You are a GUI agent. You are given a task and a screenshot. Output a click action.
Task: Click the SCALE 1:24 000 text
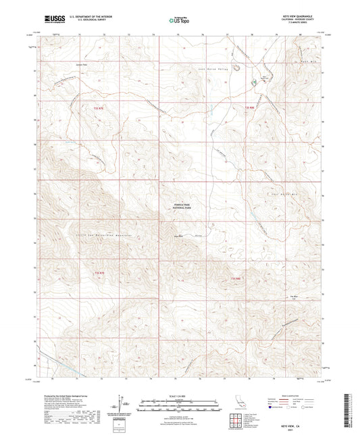[x=179, y=395]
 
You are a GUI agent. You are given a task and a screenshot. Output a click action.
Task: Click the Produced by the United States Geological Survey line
[x=61, y=395]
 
